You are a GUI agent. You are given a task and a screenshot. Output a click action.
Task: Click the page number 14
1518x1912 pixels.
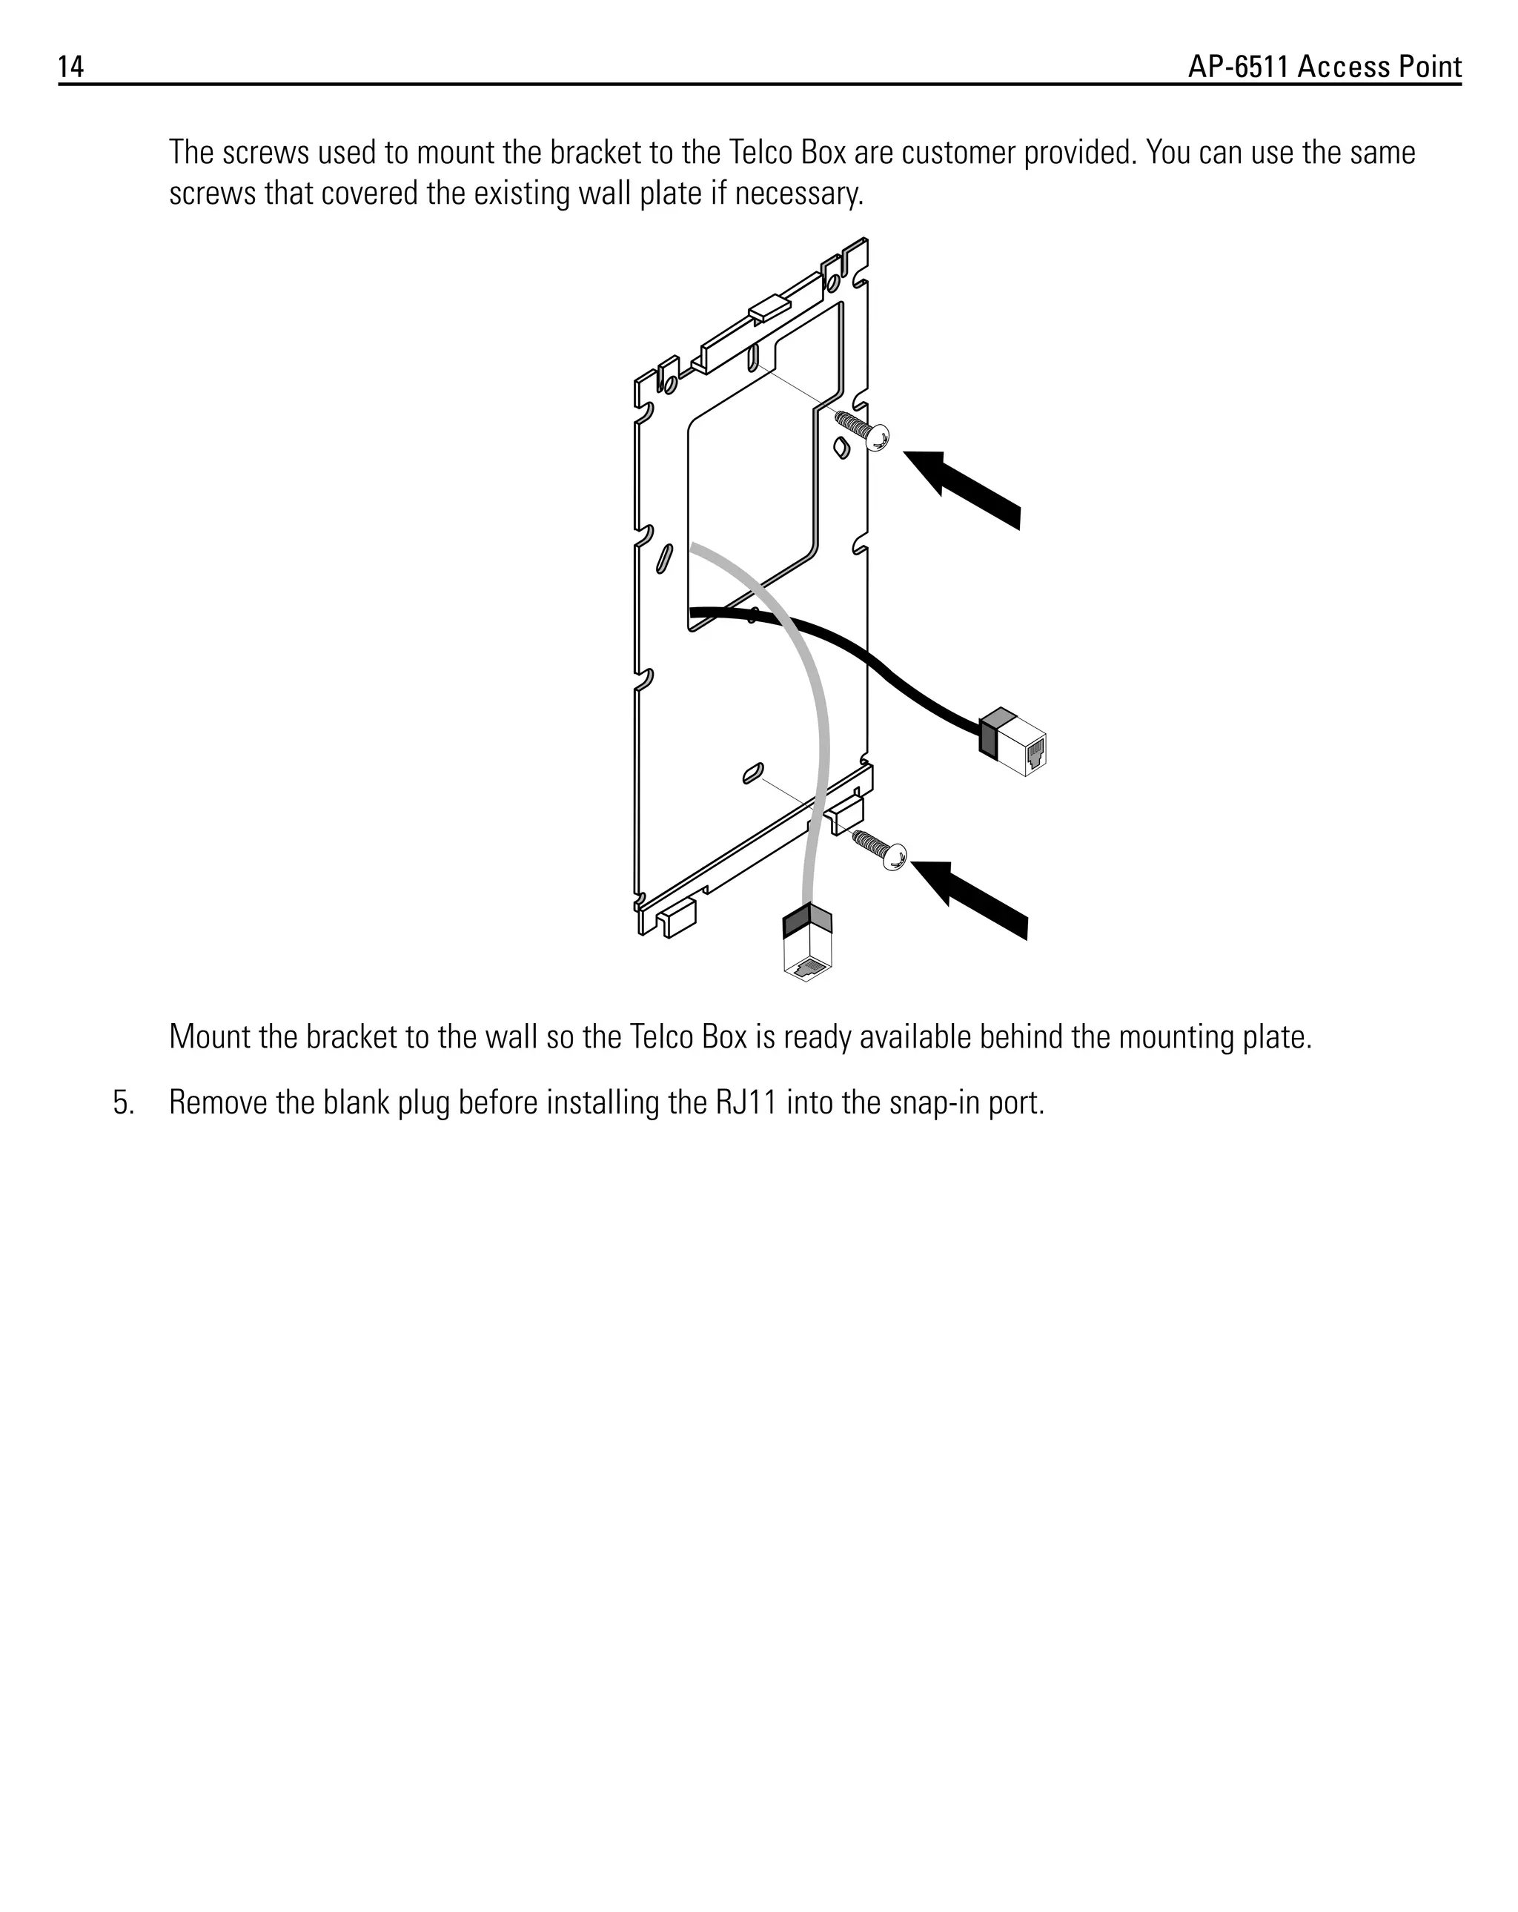pyautogui.click(x=71, y=67)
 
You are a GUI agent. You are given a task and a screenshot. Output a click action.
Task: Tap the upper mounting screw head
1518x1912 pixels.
pyautogui.click(x=877, y=437)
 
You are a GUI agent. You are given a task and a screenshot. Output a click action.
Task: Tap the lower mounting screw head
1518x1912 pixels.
pyautogui.click(x=895, y=857)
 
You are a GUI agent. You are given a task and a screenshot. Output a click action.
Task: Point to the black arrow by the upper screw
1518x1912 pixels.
pyautogui.click(x=965, y=489)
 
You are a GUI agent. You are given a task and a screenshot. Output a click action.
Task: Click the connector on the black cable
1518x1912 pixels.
pyautogui.click(x=1013, y=742)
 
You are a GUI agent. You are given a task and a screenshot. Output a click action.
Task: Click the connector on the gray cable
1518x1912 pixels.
pyautogui.click(x=808, y=945)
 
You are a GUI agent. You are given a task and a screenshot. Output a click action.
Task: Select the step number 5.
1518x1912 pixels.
pyautogui.click(x=123, y=1103)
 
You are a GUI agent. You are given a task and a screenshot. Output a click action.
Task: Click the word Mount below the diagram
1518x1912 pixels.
pyautogui.click(x=208, y=1036)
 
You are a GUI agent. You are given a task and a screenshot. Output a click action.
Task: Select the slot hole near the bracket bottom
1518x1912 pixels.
pyautogui.click(x=753, y=773)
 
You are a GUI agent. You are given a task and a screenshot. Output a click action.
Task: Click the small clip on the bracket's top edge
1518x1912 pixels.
pyautogui.click(x=769, y=309)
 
